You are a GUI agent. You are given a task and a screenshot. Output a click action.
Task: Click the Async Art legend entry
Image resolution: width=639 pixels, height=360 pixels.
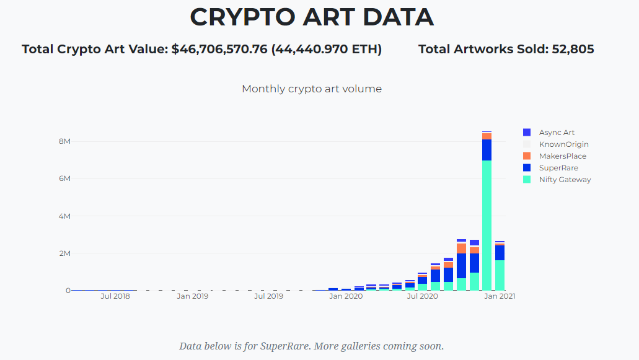tap(557, 133)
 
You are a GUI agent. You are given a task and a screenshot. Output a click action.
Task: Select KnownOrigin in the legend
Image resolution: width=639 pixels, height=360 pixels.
tap(563, 144)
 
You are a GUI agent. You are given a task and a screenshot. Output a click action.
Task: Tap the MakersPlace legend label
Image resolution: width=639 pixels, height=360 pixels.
tap(562, 156)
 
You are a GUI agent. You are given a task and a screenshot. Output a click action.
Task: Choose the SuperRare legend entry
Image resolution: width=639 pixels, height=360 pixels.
tap(557, 168)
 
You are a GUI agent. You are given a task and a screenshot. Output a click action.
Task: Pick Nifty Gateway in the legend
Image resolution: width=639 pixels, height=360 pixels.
tap(565, 180)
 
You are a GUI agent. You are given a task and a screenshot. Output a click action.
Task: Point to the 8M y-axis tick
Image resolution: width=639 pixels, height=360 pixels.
tap(64, 141)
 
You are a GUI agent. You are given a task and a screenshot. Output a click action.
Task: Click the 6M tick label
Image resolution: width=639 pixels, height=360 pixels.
tap(64, 178)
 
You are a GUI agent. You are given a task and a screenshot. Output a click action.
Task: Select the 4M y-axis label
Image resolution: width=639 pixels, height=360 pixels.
tap(64, 216)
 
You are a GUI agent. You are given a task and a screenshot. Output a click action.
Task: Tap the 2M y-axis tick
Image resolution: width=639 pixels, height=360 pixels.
tap(64, 253)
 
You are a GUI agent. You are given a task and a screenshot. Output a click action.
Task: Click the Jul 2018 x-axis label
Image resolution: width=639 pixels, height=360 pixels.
tap(115, 296)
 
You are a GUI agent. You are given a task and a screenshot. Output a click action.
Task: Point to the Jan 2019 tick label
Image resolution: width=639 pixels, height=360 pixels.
tap(192, 296)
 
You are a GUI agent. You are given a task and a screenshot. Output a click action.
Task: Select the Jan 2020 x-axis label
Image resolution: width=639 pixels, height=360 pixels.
tap(346, 296)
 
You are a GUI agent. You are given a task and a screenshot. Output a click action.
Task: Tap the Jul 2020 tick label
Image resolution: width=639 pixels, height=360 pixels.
tap(422, 296)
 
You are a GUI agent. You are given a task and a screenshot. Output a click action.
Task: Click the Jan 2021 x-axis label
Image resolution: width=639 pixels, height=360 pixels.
tap(500, 296)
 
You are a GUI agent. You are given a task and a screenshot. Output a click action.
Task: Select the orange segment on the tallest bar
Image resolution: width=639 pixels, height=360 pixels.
tap(487, 136)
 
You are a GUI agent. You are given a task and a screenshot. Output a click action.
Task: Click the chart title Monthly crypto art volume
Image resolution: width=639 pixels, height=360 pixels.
tap(312, 89)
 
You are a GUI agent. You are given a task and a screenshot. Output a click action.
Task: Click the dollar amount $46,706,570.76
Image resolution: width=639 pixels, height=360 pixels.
tap(219, 49)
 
